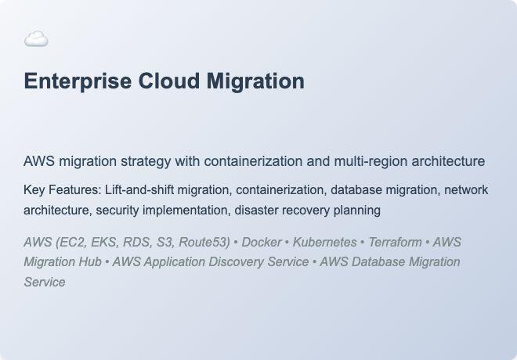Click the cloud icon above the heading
[36, 39]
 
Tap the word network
[465, 189]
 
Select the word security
[122, 210]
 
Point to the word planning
[356, 210]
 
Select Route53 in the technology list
[203, 242]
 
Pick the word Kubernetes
[325, 242]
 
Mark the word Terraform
[396, 242]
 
